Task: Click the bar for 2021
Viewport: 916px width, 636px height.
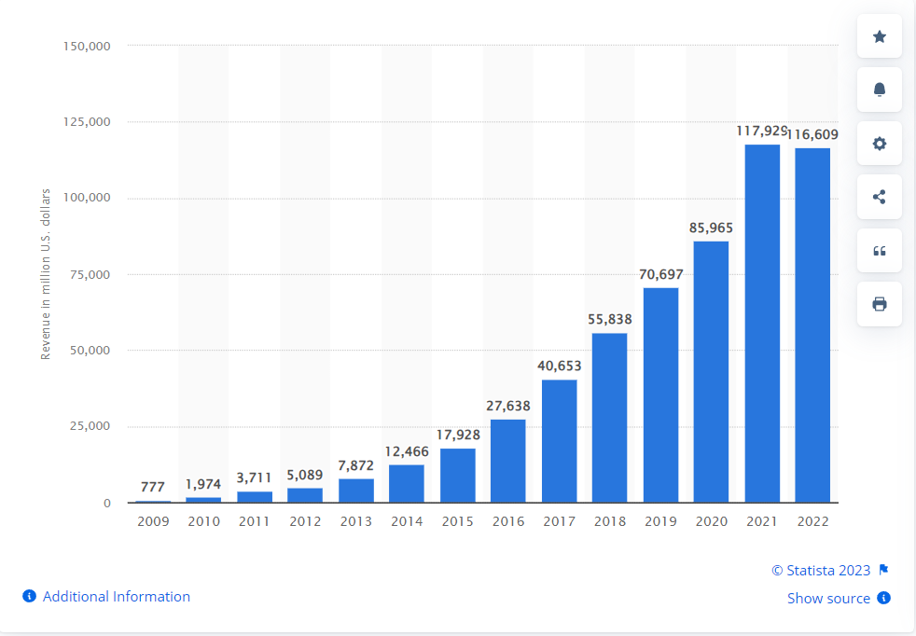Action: [761, 324]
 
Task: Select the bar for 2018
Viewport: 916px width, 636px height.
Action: [610, 418]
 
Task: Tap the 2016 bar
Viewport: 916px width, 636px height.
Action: [508, 461]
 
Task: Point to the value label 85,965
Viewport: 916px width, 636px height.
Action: [711, 227]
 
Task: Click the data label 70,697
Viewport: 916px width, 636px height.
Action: [660, 274]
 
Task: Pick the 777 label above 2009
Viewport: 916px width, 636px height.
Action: [153, 487]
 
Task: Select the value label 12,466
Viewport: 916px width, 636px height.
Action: [407, 451]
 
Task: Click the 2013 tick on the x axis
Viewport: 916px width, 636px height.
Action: [356, 521]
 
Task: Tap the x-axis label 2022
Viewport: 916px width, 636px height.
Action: [812, 521]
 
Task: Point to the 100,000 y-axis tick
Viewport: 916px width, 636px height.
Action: [86, 198]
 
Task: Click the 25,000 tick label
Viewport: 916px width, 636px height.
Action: [90, 426]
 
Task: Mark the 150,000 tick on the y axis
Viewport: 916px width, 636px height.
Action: [86, 46]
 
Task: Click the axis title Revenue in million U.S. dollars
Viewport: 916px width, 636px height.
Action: [45, 273]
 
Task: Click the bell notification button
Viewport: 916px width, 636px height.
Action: [879, 90]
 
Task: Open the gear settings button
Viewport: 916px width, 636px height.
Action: [879, 144]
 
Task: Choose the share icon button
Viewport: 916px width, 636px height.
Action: [879, 197]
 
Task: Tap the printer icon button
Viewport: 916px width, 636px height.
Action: [879, 304]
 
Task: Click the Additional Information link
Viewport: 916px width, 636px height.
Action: [116, 597]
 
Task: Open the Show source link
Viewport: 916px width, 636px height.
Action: [828, 599]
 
